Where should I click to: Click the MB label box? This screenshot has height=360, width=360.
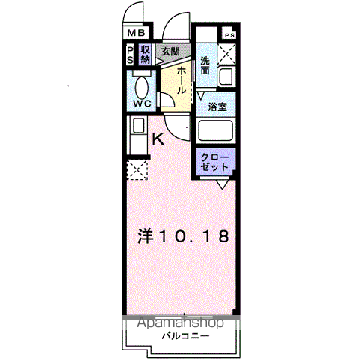click(136, 33)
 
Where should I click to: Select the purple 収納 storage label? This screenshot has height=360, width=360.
click(145, 54)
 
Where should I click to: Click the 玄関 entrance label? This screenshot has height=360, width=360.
click(170, 52)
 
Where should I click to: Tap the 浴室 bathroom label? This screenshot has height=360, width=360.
click(217, 107)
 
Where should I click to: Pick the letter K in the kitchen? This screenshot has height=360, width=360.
click(158, 138)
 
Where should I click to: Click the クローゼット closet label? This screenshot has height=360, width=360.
click(215, 160)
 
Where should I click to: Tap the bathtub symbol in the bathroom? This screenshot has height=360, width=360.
click(217, 132)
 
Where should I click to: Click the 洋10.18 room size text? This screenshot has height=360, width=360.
click(182, 235)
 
